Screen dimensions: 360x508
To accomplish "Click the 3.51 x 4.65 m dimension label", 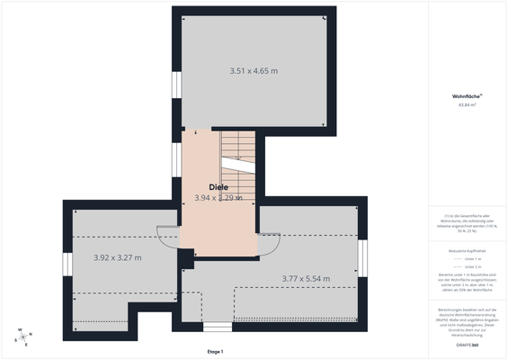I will tap(254, 70).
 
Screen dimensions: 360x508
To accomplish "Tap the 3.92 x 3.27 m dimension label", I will tap(118, 257).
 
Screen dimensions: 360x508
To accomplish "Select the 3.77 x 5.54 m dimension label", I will tap(307, 279).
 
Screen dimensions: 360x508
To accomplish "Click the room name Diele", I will tap(218, 187).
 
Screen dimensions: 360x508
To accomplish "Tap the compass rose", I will tap(22, 337).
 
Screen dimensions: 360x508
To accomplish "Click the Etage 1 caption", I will tap(214, 351).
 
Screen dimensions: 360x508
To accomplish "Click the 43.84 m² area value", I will tap(467, 105).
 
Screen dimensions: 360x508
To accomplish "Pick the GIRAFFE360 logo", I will tap(466, 346).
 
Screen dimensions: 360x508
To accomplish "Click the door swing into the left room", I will tap(168, 236).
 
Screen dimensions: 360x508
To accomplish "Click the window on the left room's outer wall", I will tap(67, 265).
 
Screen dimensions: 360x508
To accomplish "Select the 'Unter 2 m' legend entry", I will tap(471, 266).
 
